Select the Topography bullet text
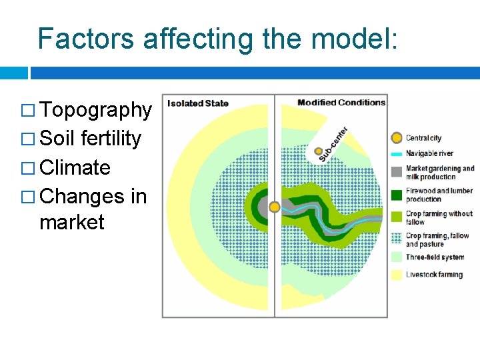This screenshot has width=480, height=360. (96, 110)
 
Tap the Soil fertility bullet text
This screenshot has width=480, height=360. (91, 139)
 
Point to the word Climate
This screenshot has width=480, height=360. (75, 167)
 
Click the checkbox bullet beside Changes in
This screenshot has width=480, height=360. (29, 197)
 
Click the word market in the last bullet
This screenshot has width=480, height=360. (72, 222)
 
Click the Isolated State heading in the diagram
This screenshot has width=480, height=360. (197, 103)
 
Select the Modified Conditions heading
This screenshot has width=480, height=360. (341, 103)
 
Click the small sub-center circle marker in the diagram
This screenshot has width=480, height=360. (319, 151)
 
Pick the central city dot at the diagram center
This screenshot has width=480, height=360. (274, 207)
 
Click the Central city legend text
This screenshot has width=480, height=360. (423, 138)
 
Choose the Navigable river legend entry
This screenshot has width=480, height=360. (429, 153)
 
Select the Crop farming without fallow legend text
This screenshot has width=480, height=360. (439, 217)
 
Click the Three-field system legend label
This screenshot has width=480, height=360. (435, 257)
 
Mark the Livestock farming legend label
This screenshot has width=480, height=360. (434, 275)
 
